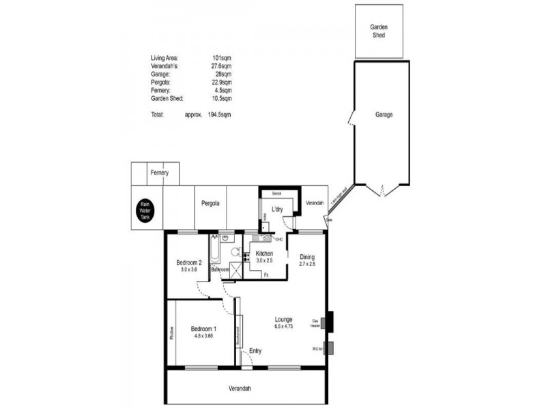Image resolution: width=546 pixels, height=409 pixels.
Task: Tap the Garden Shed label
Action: coord(379,30)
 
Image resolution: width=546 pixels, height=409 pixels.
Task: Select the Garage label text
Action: coord(384,115)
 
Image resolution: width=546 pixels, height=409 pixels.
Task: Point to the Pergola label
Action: coord(210,203)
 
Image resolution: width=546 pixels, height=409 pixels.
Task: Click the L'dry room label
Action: coord(277,209)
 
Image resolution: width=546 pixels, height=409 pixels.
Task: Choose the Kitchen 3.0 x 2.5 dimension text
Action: coord(263,260)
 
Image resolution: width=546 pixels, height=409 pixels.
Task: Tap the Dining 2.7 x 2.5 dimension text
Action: coord(307,263)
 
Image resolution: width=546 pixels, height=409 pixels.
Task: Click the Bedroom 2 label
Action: coord(188,262)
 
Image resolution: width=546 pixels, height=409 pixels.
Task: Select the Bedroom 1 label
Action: coord(203,327)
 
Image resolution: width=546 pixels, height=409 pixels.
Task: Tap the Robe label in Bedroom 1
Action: coord(172,333)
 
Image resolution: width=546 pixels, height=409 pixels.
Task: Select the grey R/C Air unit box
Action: coord(329,348)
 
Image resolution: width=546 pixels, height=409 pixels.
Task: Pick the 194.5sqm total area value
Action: coord(220,115)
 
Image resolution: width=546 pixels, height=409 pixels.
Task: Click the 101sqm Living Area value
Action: coord(222,58)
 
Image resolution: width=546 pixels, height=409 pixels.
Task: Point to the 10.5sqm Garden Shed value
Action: coord(221,98)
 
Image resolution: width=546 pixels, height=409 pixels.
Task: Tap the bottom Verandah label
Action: coord(240,389)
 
